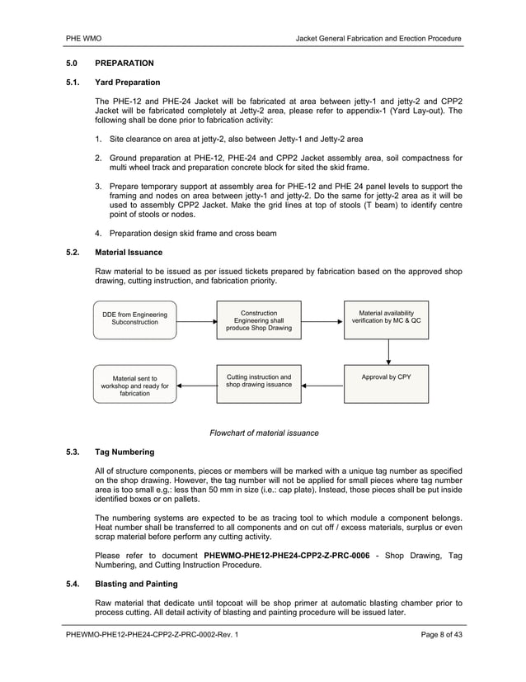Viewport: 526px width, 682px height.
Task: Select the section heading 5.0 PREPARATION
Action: [x=109, y=63]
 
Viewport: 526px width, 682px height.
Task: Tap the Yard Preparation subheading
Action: [x=128, y=83]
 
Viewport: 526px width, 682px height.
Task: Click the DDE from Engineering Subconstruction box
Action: [x=134, y=320]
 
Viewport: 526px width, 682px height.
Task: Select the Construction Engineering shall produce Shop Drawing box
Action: [x=259, y=320]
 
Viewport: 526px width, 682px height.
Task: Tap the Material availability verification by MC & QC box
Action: [x=386, y=320]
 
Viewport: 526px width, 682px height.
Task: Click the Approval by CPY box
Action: [x=386, y=384]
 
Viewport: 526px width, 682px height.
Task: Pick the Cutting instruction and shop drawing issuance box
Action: [x=259, y=384]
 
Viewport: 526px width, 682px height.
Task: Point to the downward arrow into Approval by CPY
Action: [x=387, y=353]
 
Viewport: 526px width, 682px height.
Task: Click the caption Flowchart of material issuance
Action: [x=264, y=433]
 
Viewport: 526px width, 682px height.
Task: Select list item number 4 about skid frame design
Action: [x=195, y=233]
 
